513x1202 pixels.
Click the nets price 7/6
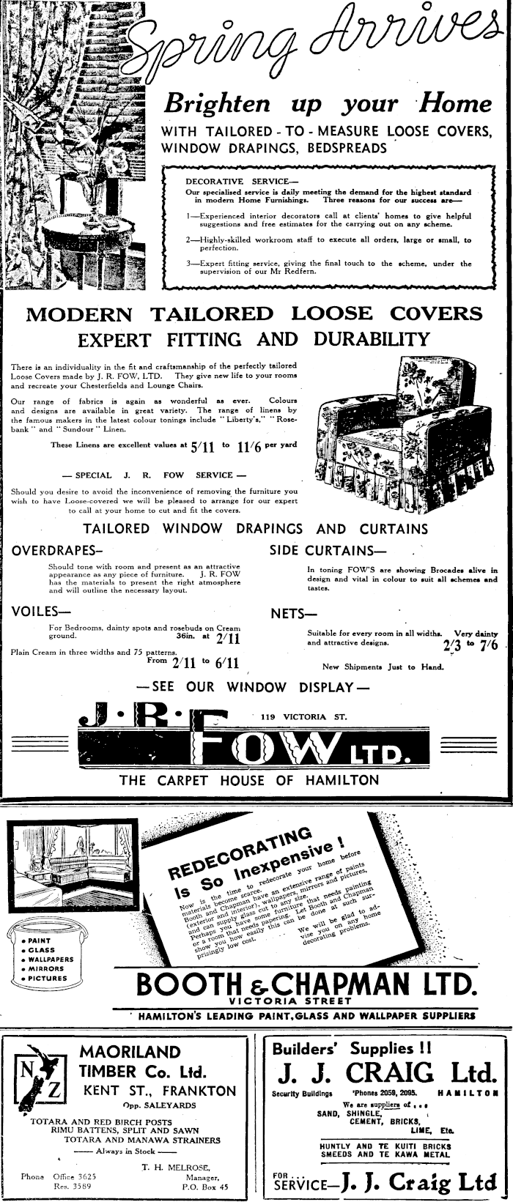coord(489,645)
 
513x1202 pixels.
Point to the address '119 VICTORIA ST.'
coord(299,717)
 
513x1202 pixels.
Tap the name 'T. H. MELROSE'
coord(171,1167)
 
